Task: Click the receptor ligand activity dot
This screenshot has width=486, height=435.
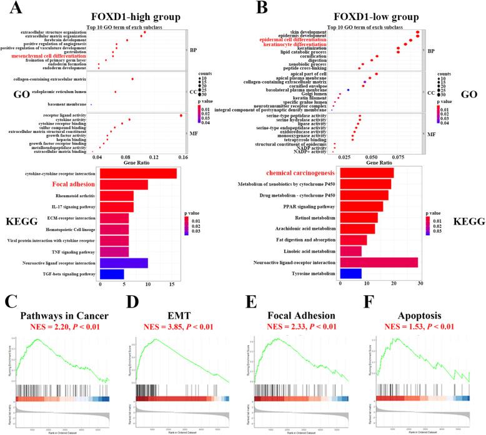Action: tap(181, 115)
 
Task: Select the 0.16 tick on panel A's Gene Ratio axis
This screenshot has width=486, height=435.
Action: tap(183, 158)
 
